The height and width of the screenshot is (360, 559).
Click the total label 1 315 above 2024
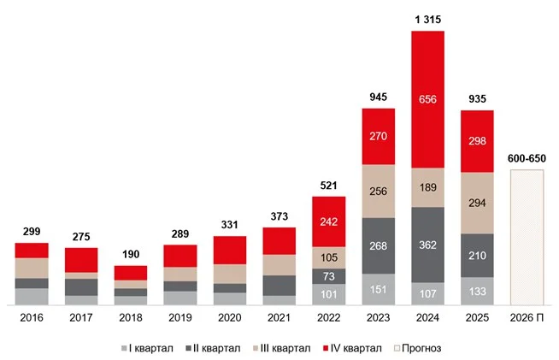click(x=427, y=18)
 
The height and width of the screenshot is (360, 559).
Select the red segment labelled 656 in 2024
click(x=427, y=99)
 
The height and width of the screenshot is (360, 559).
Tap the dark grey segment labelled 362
click(x=427, y=245)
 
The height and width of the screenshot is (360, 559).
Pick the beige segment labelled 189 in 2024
click(x=427, y=187)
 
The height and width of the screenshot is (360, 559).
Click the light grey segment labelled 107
click(x=427, y=293)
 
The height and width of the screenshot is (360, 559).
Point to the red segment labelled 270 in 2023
click(x=378, y=136)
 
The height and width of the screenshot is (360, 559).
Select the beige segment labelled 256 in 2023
click(x=378, y=191)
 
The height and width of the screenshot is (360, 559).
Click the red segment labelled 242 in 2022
click(x=328, y=220)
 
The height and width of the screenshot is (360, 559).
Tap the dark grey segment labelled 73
click(x=328, y=276)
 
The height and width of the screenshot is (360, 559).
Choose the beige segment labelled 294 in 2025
click(x=477, y=203)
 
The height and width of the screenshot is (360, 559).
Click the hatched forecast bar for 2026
click(x=527, y=237)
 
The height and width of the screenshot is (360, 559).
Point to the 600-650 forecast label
click(x=527, y=159)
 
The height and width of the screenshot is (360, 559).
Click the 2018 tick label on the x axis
click(x=131, y=318)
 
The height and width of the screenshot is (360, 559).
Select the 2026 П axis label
click(x=527, y=318)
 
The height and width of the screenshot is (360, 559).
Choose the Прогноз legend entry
click(x=419, y=349)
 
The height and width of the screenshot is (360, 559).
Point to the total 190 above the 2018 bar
click(x=131, y=255)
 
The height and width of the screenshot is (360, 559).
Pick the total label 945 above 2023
click(x=378, y=97)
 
